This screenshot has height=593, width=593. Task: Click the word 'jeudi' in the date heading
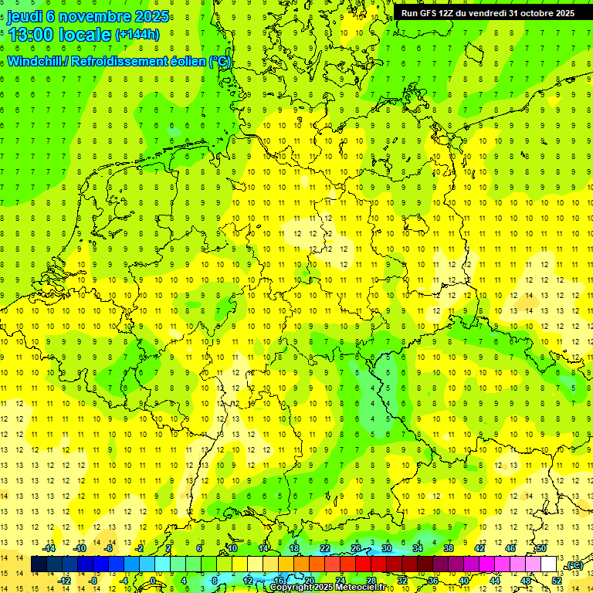coord(25,16)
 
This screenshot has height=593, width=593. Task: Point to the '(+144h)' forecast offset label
coord(137,35)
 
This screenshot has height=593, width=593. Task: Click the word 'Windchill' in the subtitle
coord(34,62)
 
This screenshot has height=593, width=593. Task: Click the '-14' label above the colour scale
coord(49,548)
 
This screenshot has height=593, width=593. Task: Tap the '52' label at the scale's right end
coord(557,580)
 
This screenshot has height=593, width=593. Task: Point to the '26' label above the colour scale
coord(356,548)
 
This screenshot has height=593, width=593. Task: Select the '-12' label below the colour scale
coord(65,581)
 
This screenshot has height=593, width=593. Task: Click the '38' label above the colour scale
coord(449,548)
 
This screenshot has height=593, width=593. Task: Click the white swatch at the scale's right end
coord(549,564)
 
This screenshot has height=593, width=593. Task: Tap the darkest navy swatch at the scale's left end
coord(38,564)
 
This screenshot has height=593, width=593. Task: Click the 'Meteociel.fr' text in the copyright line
coord(355,588)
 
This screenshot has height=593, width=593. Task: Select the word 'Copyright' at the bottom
coord(291,588)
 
